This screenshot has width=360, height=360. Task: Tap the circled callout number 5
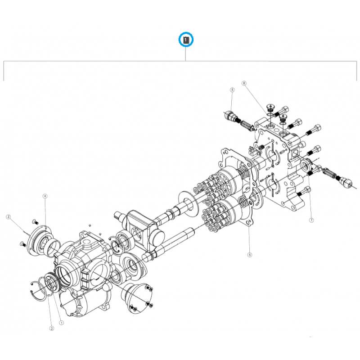click(232, 90)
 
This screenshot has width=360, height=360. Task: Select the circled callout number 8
click(244, 83)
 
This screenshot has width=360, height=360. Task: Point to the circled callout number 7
click(311, 220)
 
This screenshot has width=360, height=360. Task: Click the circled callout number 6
click(250, 255)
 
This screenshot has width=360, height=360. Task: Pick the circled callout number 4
click(45, 196)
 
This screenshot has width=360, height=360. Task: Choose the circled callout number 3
click(8, 217)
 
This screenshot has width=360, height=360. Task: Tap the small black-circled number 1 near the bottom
click(62, 322)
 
